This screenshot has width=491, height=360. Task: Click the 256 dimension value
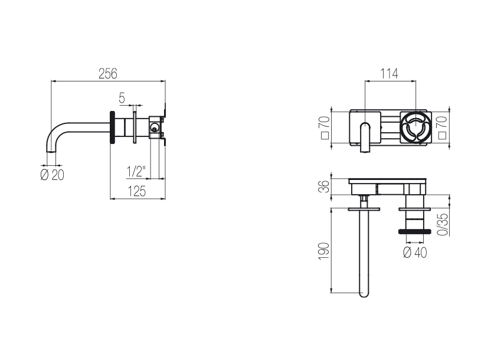[108, 74]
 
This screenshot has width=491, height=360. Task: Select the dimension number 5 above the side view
[122, 98]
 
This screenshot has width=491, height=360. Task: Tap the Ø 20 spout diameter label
[53, 175]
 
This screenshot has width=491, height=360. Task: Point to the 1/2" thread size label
[136, 172]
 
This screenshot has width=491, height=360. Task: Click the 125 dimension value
[137, 191]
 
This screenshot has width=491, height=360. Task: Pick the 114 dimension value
[389, 74]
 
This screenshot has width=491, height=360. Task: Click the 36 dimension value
[325, 186]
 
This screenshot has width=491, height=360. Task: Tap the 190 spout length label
[324, 251]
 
